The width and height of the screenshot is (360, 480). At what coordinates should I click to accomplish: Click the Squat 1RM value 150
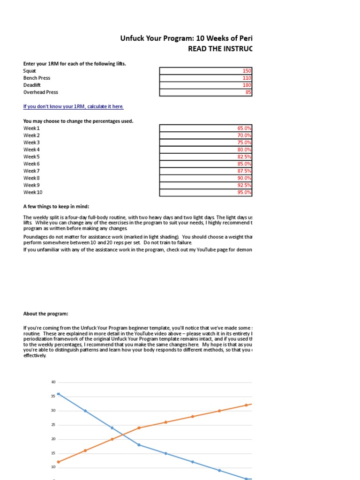tap(247, 71)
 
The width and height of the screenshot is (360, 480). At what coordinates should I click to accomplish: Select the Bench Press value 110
tap(247, 78)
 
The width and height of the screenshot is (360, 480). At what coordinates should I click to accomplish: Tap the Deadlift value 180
tap(247, 85)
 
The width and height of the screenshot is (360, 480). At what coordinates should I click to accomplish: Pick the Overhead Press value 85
tap(248, 92)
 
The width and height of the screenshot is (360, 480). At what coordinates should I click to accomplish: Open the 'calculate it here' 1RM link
tap(74, 106)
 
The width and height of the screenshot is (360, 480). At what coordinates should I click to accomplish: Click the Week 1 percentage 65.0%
tap(244, 128)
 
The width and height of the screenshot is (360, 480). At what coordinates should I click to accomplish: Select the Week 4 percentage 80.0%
tap(244, 150)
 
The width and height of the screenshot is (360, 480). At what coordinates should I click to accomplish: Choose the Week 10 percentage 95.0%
tap(244, 192)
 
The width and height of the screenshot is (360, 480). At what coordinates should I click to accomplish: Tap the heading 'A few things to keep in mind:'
tap(56, 207)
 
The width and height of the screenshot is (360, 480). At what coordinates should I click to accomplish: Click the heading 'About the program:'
tap(45, 314)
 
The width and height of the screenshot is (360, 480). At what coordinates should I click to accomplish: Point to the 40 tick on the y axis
tap(53, 382)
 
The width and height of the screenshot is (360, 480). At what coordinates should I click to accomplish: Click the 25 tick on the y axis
tap(53, 425)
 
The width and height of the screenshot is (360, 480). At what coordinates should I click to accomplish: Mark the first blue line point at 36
tap(58, 394)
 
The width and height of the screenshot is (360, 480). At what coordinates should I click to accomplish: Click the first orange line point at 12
tap(58, 462)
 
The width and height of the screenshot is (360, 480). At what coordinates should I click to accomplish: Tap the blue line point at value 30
tap(85, 411)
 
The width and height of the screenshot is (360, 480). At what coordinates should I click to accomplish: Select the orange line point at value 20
tap(112, 439)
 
